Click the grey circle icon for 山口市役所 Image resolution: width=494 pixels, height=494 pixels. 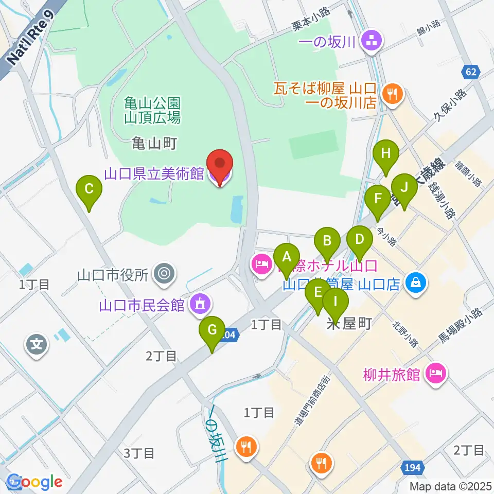click(164, 273)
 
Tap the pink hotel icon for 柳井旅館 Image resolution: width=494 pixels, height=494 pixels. click(435, 374)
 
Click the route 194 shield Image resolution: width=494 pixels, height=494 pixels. click(412, 467)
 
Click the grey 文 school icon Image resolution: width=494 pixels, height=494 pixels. click(37, 342)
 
